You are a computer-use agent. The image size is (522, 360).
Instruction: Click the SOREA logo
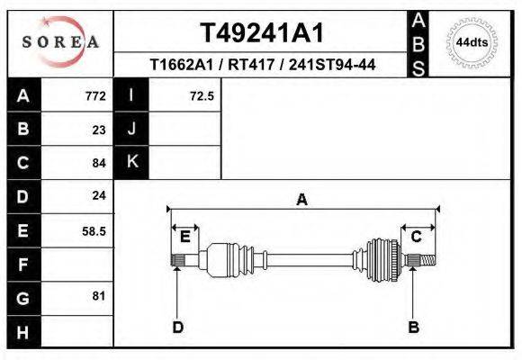[60, 41]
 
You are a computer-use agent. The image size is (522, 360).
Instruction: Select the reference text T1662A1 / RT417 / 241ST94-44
[262, 65]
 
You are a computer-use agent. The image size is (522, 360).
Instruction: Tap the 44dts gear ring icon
[472, 42]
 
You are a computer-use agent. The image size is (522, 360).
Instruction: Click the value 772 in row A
[95, 96]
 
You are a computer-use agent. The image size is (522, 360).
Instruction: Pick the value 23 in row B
[99, 130]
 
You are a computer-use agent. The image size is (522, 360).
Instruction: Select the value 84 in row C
[99, 163]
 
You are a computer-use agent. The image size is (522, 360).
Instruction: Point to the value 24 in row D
[99, 195]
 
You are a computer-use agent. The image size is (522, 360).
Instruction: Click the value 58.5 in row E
[94, 230]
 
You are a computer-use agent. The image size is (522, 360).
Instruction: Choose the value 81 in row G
[99, 296]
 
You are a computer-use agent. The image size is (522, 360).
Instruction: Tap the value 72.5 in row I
[202, 96]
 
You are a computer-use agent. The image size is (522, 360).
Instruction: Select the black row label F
[22, 264]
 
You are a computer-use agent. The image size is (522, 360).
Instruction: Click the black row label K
[131, 163]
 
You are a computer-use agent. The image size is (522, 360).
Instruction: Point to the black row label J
[131, 130]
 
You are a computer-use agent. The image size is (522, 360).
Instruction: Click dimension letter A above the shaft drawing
[302, 200]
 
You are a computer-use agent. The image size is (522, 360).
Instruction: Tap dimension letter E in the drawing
[185, 237]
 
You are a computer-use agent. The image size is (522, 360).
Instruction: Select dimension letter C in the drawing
[417, 237]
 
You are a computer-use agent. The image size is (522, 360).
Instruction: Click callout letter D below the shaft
[178, 327]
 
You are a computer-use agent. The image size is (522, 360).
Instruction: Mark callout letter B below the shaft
[414, 327]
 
